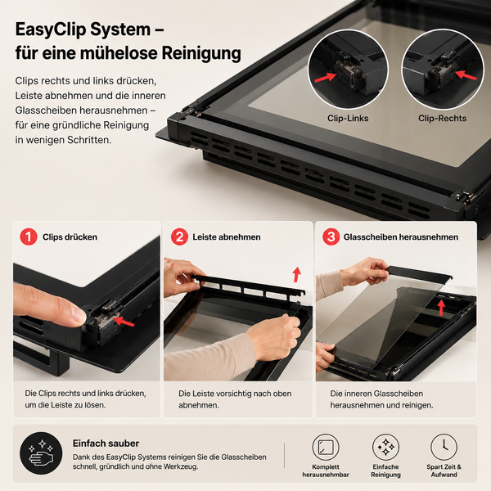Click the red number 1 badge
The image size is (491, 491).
(x=29, y=236)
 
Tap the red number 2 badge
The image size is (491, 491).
(x=179, y=236)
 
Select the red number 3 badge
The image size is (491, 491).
(x=331, y=236)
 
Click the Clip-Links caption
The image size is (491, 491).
(x=348, y=119)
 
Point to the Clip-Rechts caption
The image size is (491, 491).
(x=442, y=119)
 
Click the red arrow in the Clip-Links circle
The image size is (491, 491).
(x=326, y=77)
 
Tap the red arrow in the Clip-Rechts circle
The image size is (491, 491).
(x=466, y=75)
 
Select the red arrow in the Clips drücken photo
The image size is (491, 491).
(x=124, y=322)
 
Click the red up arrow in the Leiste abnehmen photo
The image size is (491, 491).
(x=296, y=274)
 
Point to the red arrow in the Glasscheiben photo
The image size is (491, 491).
(x=441, y=308)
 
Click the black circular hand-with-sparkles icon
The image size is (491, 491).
(x=41, y=453)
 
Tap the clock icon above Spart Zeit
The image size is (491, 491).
(x=444, y=447)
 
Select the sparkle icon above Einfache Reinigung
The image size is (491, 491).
(x=385, y=447)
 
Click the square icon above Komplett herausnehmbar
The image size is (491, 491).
(x=326, y=447)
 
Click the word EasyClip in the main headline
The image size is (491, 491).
(x=52, y=29)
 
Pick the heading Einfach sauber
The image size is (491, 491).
(x=106, y=444)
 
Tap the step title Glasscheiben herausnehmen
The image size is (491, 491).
(x=401, y=237)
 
